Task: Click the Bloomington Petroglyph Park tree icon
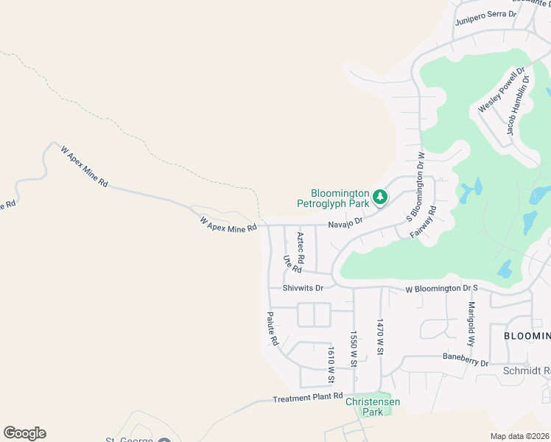[x=379, y=197]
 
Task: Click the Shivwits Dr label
[x=303, y=288]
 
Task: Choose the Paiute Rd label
[x=273, y=329]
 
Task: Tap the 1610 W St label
[x=331, y=365]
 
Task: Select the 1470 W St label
[x=381, y=337]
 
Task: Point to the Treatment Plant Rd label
[x=308, y=398]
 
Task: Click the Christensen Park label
[x=373, y=407]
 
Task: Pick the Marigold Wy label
[x=471, y=323]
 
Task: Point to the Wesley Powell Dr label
[x=501, y=91]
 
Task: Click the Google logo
[x=24, y=433]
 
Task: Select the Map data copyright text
[x=520, y=436]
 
